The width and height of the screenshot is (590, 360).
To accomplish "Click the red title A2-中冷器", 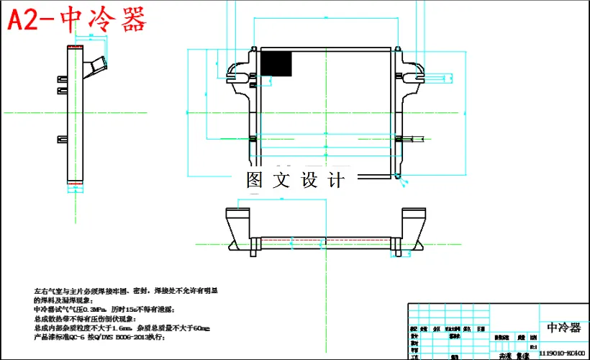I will click(x=77, y=20).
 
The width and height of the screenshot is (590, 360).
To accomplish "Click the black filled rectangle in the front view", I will click(x=276, y=63).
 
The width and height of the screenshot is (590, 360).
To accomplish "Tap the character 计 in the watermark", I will click(x=336, y=180).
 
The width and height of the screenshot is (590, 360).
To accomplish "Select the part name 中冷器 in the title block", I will click(x=563, y=328).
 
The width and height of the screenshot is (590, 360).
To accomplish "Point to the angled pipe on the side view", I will click(x=96, y=63).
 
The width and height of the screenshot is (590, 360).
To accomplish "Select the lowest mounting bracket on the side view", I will click(x=62, y=138).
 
